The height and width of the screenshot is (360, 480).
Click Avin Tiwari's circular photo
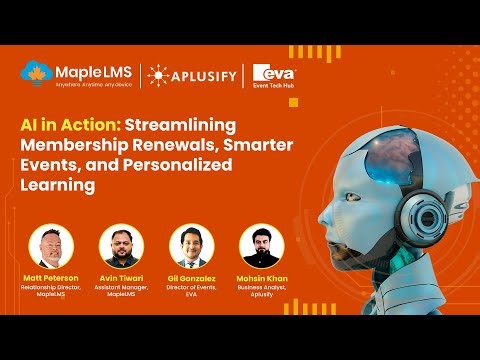119,246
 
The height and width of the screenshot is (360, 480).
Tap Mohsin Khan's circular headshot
258,246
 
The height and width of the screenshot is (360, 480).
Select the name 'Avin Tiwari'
119,276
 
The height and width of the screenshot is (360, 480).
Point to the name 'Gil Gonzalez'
188,276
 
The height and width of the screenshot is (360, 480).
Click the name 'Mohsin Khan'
258,276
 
